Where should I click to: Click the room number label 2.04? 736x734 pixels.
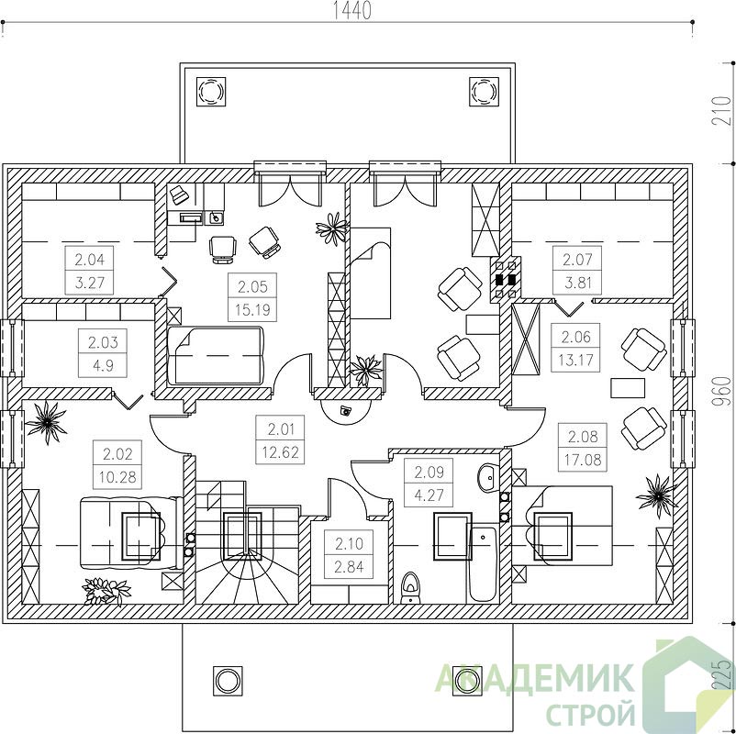click(x=89, y=259)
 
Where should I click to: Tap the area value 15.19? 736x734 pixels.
click(x=252, y=310)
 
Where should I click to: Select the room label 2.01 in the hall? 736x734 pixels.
click(x=280, y=429)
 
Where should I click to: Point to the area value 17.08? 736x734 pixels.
click(x=583, y=460)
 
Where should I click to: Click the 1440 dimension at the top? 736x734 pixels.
click(x=352, y=11)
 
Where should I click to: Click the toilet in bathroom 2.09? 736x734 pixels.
click(x=411, y=587)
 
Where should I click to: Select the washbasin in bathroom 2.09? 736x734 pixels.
click(x=488, y=478)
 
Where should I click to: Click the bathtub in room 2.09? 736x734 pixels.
click(x=483, y=564)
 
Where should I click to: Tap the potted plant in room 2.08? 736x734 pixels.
click(x=657, y=497)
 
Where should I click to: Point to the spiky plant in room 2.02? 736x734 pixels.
click(x=46, y=422)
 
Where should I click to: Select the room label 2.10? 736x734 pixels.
click(x=349, y=543)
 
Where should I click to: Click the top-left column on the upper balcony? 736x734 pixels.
click(x=211, y=90)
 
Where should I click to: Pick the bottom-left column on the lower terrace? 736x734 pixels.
click(x=228, y=680)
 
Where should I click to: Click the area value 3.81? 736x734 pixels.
click(x=578, y=283)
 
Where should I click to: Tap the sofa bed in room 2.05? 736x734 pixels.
click(x=215, y=356)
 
